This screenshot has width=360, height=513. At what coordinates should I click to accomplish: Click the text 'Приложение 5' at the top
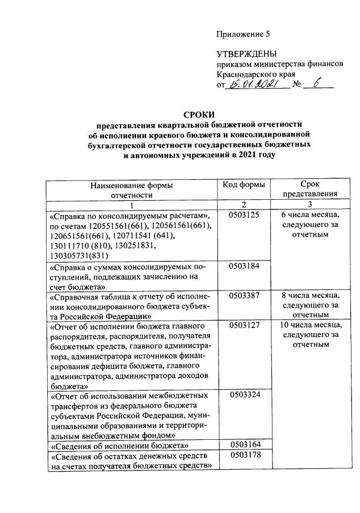(x=243, y=35)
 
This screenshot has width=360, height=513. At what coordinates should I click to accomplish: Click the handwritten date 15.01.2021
(x=251, y=85)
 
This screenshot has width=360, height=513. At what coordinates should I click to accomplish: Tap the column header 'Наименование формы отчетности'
(x=132, y=190)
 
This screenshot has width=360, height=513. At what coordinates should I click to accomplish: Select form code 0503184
(x=245, y=266)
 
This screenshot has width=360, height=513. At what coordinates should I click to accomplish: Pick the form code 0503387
(x=245, y=296)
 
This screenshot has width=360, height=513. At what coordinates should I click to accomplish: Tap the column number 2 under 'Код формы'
(x=245, y=204)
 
